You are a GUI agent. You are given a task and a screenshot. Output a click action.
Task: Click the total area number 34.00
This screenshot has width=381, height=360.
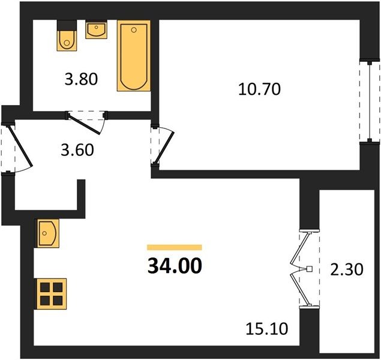click(x=175, y=266)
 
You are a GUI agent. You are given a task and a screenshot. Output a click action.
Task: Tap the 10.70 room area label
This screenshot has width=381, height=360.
click(x=259, y=89)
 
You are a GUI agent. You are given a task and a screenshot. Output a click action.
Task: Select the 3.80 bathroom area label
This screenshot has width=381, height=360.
click(x=81, y=79)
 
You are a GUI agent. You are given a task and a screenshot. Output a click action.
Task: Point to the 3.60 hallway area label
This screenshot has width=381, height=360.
click(x=77, y=149)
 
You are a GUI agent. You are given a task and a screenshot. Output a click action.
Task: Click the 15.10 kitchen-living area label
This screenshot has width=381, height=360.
click(x=267, y=329)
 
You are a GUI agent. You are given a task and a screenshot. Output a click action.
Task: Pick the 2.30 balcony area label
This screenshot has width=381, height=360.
click(x=347, y=269)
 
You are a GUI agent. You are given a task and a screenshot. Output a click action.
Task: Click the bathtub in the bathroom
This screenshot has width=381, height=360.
click(x=134, y=56)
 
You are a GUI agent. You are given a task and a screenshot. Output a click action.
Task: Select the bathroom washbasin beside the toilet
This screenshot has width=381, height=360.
click(x=96, y=29)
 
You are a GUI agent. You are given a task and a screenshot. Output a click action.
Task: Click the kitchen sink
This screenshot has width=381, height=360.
click(x=47, y=233)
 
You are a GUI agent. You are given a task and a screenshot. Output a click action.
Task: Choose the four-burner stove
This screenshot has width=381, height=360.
click(x=51, y=294)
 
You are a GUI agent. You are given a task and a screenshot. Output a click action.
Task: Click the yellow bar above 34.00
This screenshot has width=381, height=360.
click(x=175, y=247)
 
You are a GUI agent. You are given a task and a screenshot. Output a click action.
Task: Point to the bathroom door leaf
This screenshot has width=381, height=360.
click(x=84, y=124)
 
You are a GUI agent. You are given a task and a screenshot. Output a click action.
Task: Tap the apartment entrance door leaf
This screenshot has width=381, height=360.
click(x=20, y=146)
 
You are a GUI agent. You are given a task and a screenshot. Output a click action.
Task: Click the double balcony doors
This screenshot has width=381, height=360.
click(x=301, y=269)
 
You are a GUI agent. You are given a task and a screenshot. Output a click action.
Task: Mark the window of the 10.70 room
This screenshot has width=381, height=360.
click(x=370, y=101)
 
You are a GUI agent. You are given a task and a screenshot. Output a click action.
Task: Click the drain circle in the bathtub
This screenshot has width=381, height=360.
click(x=134, y=30)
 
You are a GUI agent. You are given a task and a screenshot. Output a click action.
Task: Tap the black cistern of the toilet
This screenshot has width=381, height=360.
click(x=67, y=25)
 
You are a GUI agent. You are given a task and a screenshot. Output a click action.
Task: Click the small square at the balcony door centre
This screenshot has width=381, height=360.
click(x=310, y=269)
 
